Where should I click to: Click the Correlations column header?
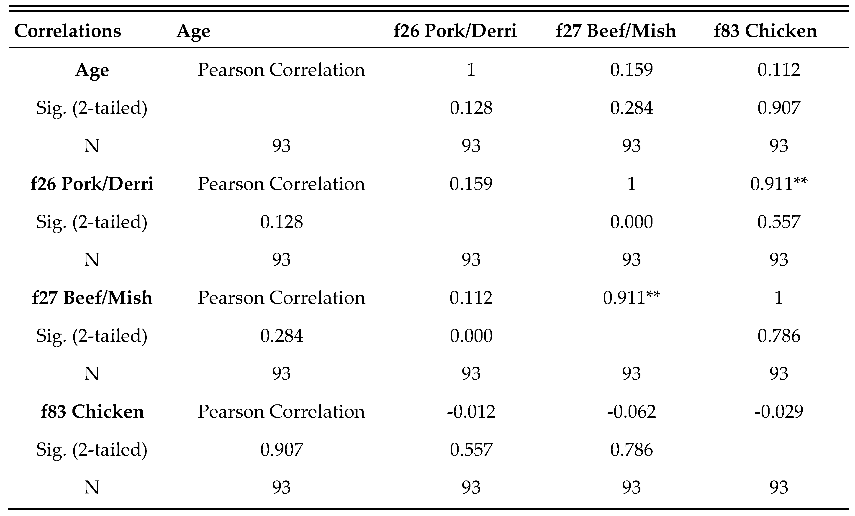tap(68, 31)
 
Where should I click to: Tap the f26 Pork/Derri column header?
tap(455, 31)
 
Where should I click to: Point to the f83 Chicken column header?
tap(765, 31)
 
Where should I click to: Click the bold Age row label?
tap(92, 70)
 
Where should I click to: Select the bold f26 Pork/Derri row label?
tap(92, 184)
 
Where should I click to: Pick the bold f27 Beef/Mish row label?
tap(92, 298)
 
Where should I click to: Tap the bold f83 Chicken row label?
tap(92, 412)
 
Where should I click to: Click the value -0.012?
tap(471, 412)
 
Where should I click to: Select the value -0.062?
tap(631, 412)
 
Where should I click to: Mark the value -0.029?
tap(779, 412)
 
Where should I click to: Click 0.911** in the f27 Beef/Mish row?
tap(631, 298)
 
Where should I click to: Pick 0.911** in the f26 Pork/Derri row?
tap(779, 184)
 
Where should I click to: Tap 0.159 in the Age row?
tap(631, 70)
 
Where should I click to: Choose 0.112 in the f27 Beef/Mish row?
tap(471, 298)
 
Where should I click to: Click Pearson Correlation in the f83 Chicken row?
tap(281, 412)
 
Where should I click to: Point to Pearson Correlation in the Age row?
tap(281, 70)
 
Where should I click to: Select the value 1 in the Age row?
tap(471, 70)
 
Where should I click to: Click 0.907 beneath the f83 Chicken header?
tap(779, 108)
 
